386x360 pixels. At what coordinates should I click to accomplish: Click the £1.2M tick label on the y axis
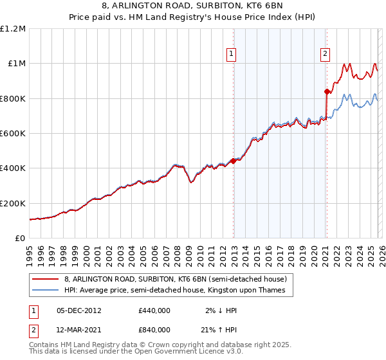point(14,29)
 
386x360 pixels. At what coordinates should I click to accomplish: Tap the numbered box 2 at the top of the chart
point(326,55)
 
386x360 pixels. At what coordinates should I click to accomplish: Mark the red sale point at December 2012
point(233,161)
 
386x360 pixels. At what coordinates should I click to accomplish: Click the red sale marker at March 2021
point(326,91)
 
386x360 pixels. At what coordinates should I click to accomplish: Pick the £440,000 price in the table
point(154,310)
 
